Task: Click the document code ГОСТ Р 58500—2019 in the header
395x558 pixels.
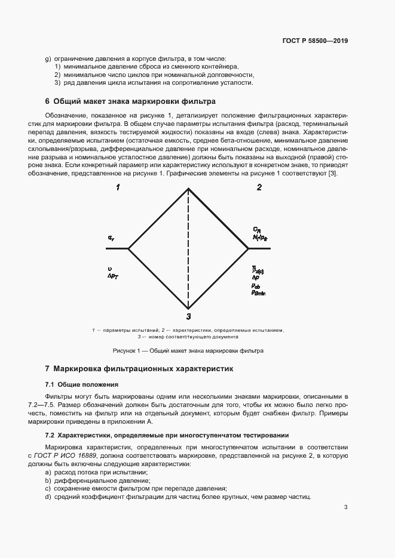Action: (314, 41)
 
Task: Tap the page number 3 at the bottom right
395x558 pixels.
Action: (346, 507)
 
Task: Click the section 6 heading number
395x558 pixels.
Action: (47, 101)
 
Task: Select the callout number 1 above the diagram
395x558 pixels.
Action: (118, 188)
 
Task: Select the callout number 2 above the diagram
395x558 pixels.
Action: (259, 188)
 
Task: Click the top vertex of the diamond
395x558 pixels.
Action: (189, 189)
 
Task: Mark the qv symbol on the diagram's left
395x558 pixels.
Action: (111, 238)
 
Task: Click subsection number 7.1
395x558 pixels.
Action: (50, 384)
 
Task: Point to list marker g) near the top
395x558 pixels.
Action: (48, 58)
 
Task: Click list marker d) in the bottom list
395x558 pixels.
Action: (48, 498)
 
